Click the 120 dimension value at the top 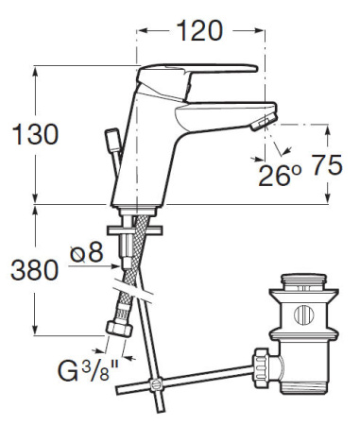(199, 31)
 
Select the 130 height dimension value (32, 134)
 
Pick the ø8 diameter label (85, 253)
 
